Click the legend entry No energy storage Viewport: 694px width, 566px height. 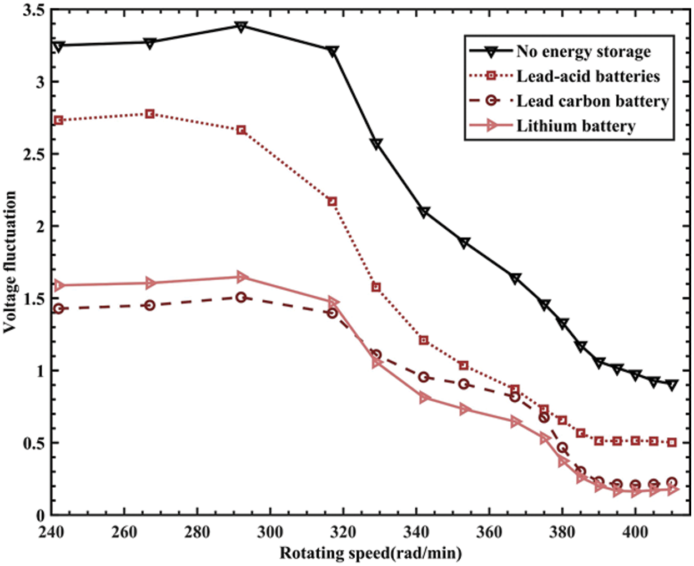click(x=583, y=52)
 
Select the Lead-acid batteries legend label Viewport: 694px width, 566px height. click(x=588, y=76)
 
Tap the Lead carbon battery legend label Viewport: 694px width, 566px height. click(x=592, y=101)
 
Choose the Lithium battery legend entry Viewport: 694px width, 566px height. click(x=576, y=126)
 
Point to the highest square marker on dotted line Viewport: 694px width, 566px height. click(x=149, y=114)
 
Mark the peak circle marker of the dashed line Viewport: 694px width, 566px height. click(x=241, y=297)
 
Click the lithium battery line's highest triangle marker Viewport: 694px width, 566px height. click(x=241, y=277)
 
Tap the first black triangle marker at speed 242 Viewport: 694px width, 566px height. click(x=58, y=46)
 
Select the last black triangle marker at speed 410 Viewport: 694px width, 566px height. click(x=672, y=385)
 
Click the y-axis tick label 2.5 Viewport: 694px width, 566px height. click(x=33, y=154)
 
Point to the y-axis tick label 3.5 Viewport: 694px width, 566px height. click(x=33, y=10)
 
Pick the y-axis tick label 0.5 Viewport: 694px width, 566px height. click(x=33, y=443)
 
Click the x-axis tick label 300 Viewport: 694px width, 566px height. click(x=270, y=532)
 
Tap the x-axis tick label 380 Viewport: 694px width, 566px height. click(x=562, y=532)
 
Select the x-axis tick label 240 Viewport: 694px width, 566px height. click(x=51, y=532)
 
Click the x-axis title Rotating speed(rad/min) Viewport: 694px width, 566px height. click(x=370, y=553)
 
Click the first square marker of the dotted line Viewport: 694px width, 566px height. click(x=58, y=120)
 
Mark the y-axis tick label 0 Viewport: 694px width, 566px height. click(x=40, y=516)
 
